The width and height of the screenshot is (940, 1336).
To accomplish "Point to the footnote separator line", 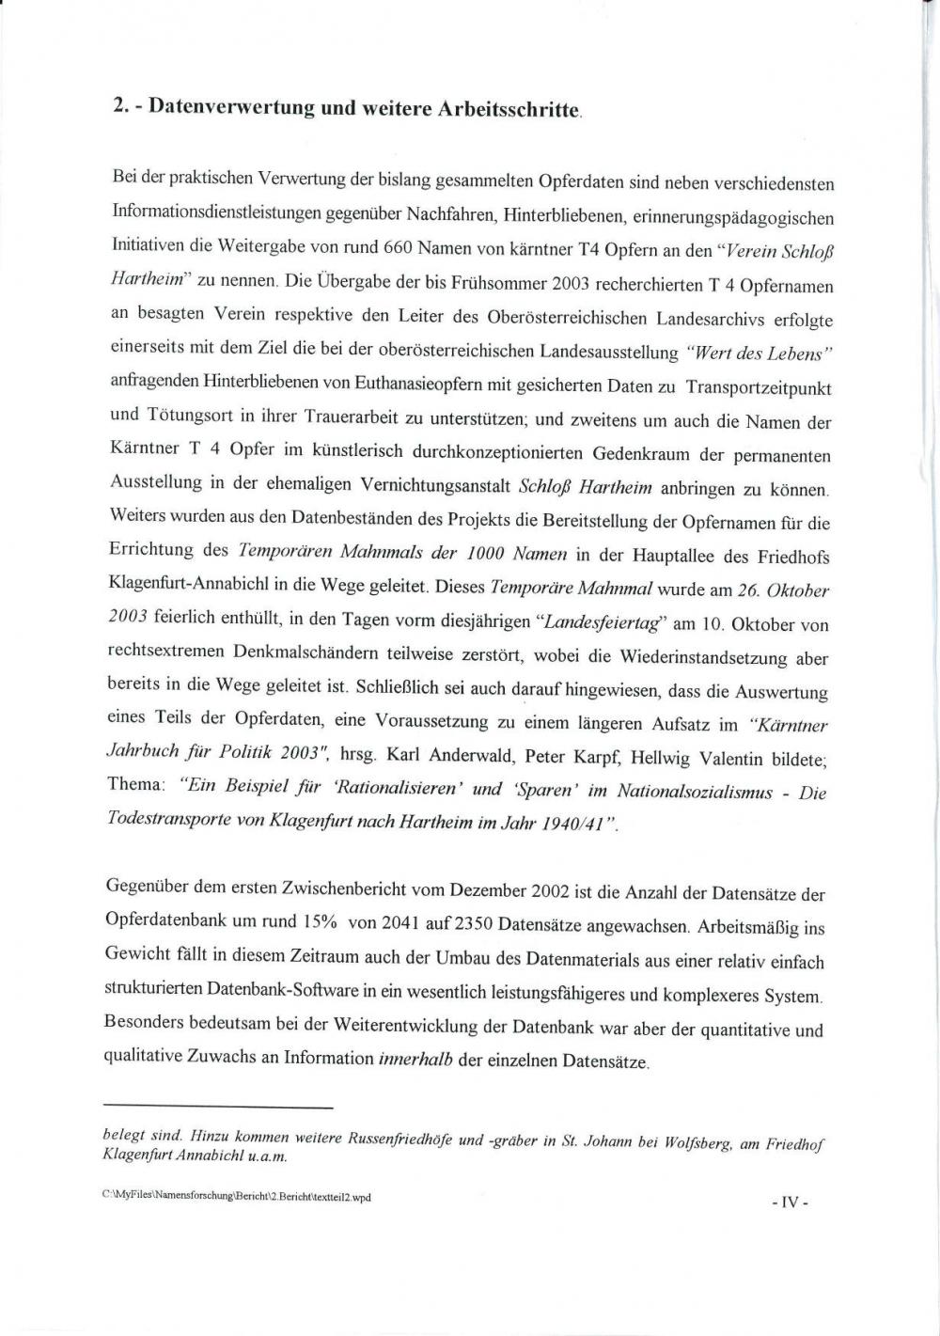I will [x=219, y=1108].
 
